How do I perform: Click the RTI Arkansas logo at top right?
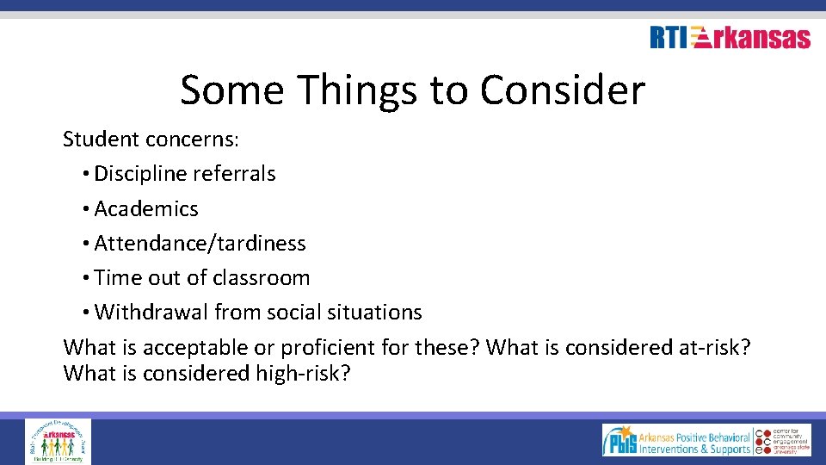click(730, 38)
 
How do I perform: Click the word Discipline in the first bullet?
click(140, 173)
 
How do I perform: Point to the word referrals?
click(234, 173)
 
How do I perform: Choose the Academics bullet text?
click(146, 208)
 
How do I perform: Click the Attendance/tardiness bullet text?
click(200, 244)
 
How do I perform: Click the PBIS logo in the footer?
click(620, 441)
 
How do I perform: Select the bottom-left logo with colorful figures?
click(58, 441)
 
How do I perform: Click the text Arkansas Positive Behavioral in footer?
click(695, 437)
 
